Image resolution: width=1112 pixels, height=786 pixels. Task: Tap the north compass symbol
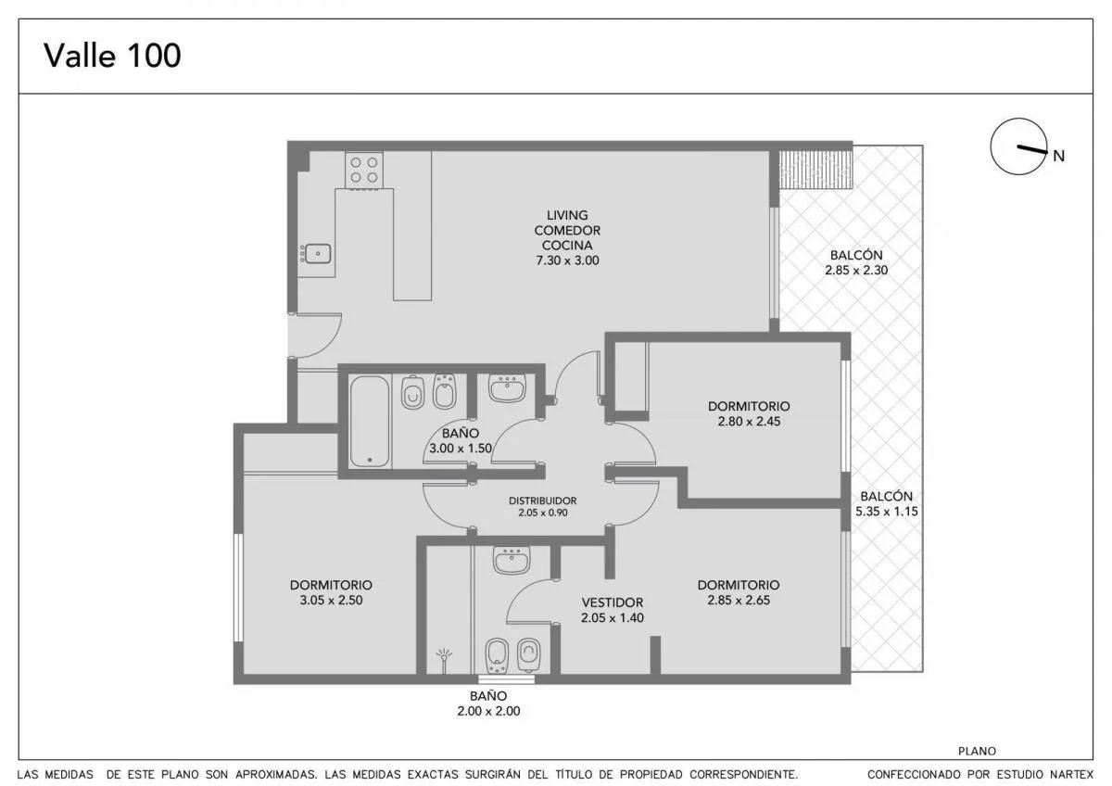[x=1018, y=146]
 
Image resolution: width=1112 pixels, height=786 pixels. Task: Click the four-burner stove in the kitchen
[x=364, y=171]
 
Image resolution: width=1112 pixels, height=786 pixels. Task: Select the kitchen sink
[x=317, y=254]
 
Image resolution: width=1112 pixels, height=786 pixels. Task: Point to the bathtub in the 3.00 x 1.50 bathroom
[x=370, y=422]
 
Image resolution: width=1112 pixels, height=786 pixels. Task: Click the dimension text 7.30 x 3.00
[x=567, y=260]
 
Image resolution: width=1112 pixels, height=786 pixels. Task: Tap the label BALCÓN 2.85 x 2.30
[x=856, y=262]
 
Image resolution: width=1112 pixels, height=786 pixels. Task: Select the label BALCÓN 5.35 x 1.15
[x=886, y=503]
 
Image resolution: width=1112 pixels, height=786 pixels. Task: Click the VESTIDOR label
[x=613, y=602]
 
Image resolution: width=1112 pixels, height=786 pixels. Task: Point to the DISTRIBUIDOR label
[x=543, y=501]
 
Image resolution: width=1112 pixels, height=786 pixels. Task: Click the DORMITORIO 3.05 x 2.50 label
[x=331, y=592]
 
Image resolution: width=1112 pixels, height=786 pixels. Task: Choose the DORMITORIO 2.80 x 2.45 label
[x=749, y=413]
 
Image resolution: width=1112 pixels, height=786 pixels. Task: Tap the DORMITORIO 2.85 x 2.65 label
[x=739, y=592]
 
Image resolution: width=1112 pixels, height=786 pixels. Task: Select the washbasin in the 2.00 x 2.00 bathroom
[x=512, y=560]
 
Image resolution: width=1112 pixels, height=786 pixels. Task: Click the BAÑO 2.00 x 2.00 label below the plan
[x=488, y=704]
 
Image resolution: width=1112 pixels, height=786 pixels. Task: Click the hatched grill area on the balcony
[x=815, y=170]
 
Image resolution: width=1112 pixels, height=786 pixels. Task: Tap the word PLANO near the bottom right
[x=977, y=752]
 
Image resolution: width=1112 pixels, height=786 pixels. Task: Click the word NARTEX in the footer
[x=1074, y=775]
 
